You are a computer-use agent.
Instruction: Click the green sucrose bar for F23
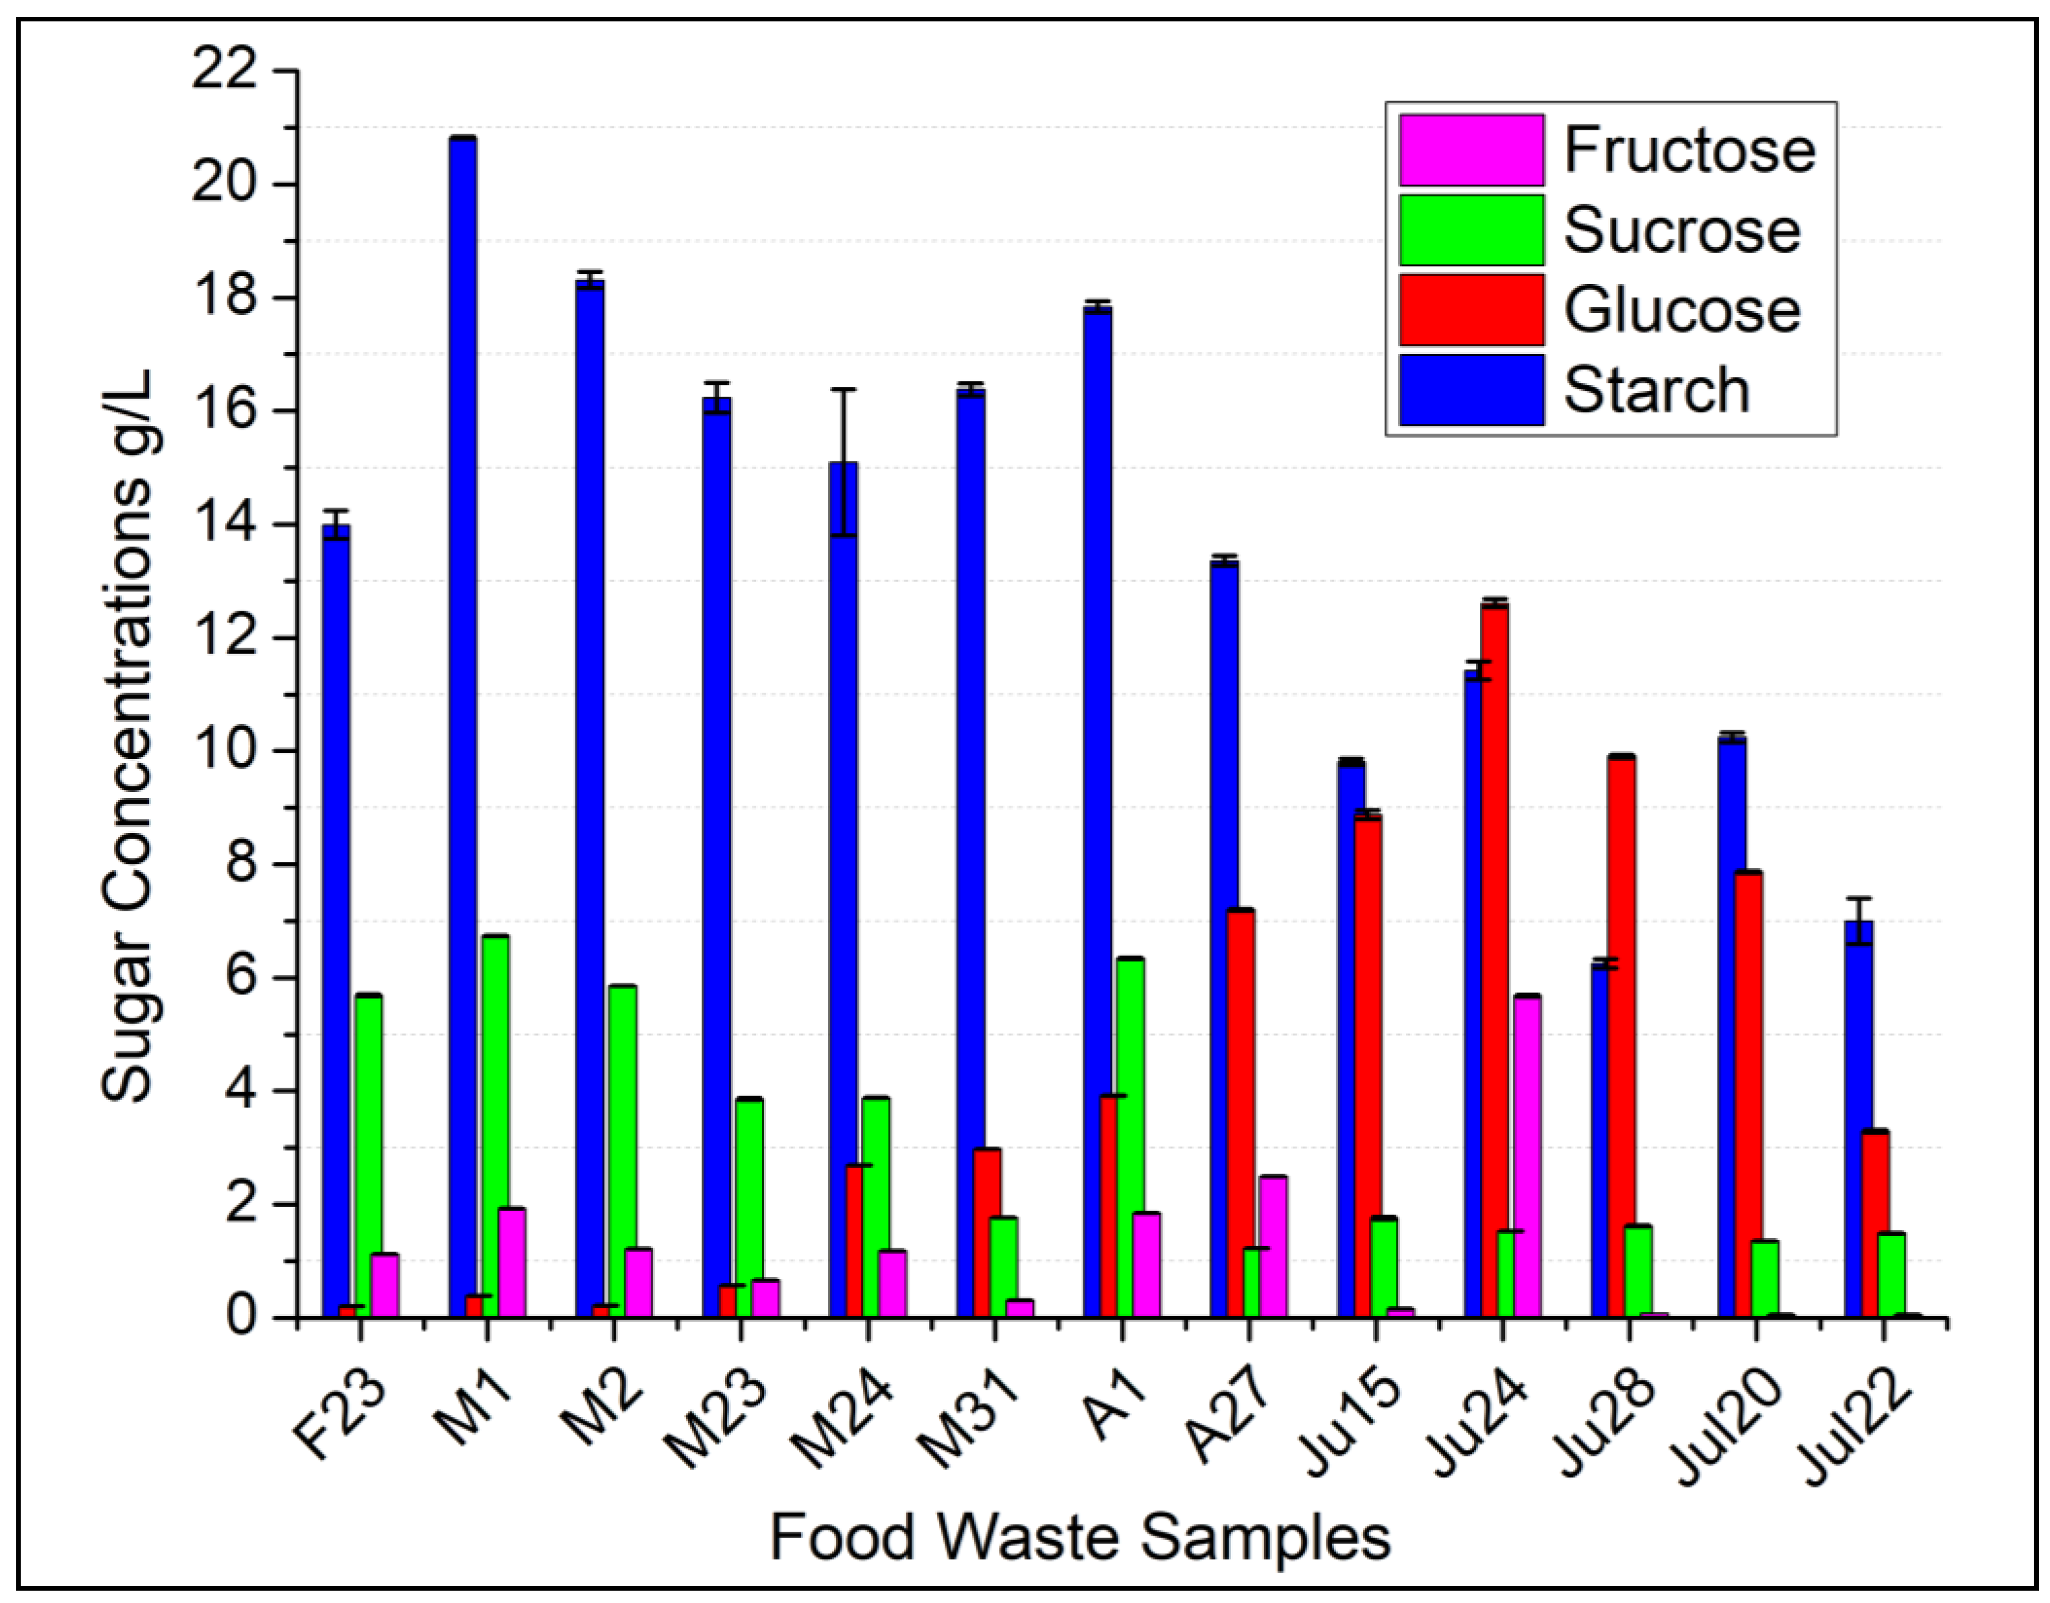point(369,1155)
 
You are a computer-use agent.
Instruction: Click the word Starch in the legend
point(1657,391)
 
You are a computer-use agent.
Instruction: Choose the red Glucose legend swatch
point(1471,310)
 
